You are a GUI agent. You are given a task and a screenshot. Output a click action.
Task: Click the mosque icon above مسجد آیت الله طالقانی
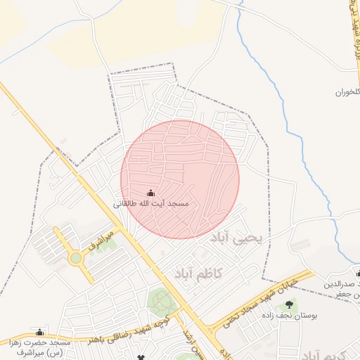(150, 193)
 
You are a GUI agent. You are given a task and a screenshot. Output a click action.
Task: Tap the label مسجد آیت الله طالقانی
(150, 203)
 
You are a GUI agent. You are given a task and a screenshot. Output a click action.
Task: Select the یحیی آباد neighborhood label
(236, 239)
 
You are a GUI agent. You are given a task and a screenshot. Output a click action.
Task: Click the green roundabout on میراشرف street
(75, 258)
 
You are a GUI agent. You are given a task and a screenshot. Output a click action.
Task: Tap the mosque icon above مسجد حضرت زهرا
(40, 332)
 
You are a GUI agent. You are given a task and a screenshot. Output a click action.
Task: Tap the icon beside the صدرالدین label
(357, 274)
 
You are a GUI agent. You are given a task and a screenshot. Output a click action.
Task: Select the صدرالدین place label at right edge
(342, 285)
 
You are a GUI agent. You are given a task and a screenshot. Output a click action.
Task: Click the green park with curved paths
(162, 303)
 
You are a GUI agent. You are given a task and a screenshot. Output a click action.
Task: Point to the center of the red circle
(180, 179)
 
